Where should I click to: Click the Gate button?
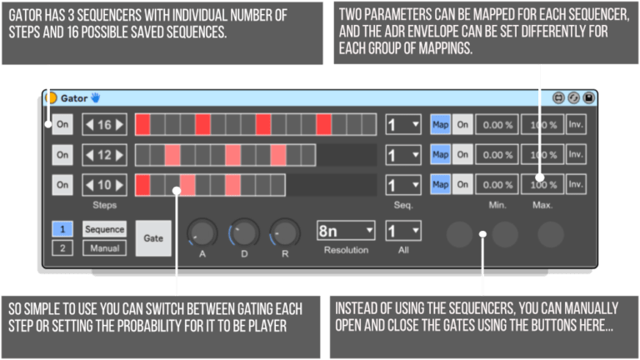click(x=153, y=237)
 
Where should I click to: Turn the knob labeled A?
click(x=202, y=232)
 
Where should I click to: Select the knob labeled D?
click(x=244, y=232)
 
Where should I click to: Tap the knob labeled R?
click(x=285, y=232)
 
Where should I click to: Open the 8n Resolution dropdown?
click(x=346, y=231)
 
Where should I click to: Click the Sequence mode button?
click(x=105, y=229)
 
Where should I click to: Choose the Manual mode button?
click(x=105, y=247)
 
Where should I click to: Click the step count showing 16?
click(x=105, y=125)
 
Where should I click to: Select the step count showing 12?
click(x=105, y=155)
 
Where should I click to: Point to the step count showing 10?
click(x=105, y=184)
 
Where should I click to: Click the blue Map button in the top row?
click(x=440, y=125)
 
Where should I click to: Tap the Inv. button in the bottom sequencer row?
click(x=575, y=184)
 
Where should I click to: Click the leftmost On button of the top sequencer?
click(x=62, y=125)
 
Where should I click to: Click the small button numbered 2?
click(x=62, y=247)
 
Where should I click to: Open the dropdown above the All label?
click(x=402, y=231)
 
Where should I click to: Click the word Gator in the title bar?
click(x=74, y=97)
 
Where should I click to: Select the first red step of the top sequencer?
click(x=142, y=125)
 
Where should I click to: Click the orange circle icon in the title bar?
click(x=51, y=97)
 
